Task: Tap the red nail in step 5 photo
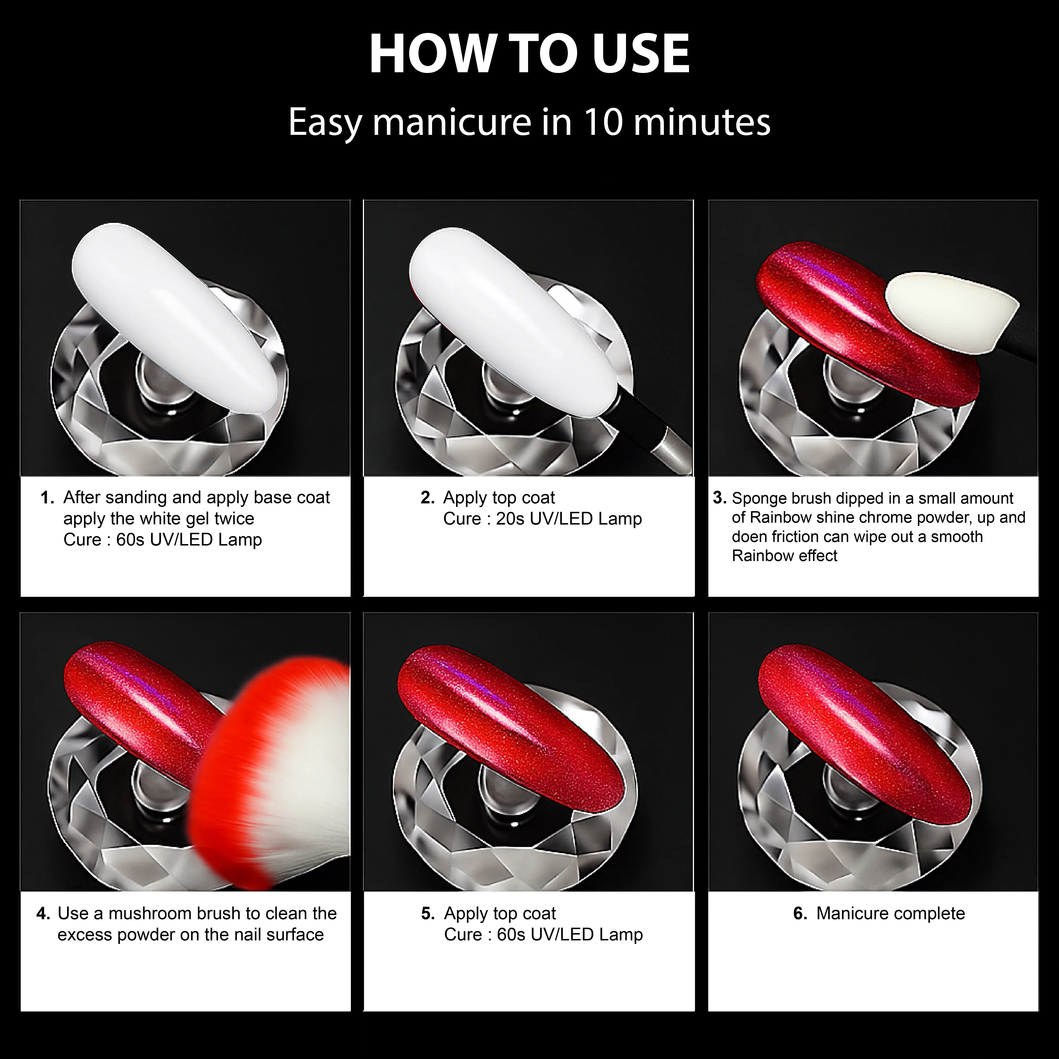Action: (510, 724)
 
